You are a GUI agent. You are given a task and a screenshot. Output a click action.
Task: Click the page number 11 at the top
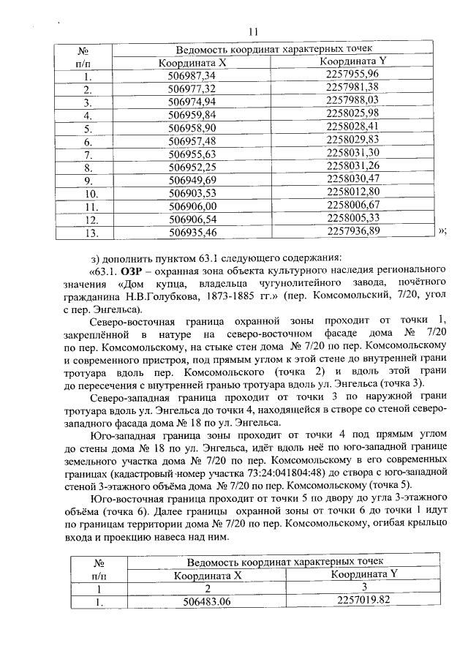[254, 31]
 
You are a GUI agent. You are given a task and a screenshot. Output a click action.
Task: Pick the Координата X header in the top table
[192, 63]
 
